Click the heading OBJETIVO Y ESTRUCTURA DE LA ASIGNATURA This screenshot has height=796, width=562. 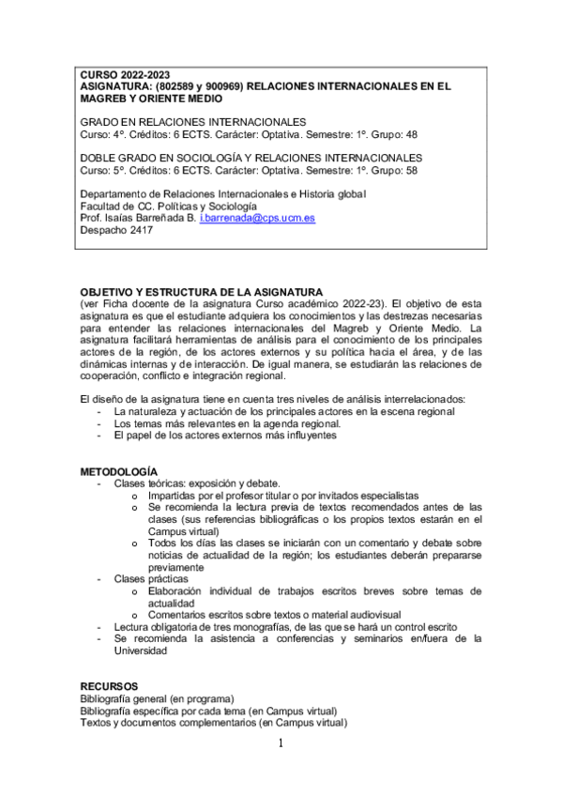coord(201,292)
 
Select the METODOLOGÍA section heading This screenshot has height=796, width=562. coord(118,470)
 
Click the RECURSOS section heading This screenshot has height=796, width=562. coord(109,686)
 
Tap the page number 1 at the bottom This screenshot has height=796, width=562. coord(280,743)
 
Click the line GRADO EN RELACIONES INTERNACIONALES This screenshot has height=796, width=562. coord(192,123)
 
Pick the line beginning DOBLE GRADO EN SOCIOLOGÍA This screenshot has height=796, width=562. coord(251,158)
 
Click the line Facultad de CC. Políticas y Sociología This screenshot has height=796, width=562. coord(169,206)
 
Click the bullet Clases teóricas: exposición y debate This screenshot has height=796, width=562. coord(197,482)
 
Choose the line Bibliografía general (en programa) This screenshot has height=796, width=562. coord(157,698)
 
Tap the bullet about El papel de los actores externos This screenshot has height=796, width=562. coord(224,436)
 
